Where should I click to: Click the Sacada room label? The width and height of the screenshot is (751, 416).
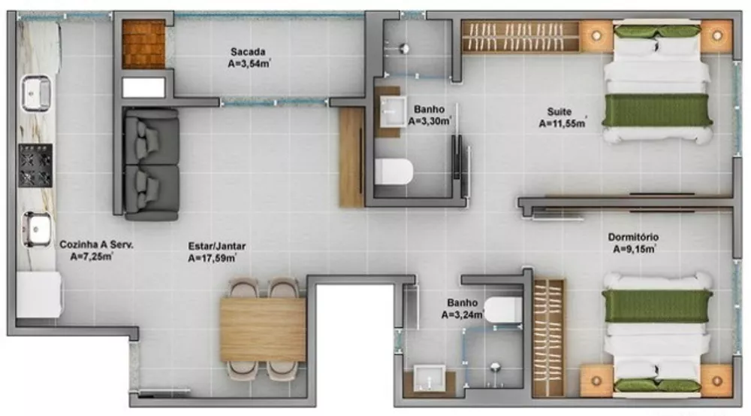(x=248, y=51)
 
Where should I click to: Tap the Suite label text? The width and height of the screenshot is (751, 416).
(x=559, y=112)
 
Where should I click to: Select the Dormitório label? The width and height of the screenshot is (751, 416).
(x=633, y=238)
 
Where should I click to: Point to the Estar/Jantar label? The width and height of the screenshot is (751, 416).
(x=217, y=246)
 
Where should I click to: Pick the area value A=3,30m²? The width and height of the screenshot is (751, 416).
(x=430, y=120)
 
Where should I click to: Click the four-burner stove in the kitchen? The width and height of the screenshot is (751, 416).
(x=35, y=165)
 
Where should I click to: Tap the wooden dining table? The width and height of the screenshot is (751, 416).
(x=263, y=329)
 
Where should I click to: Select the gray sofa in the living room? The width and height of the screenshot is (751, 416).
(x=151, y=164)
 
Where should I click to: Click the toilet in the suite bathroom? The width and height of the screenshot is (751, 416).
(x=394, y=172)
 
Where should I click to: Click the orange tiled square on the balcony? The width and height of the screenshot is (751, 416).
(x=144, y=44)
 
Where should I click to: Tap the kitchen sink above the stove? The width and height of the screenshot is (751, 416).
(x=35, y=93)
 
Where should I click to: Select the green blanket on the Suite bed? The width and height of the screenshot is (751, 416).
(x=658, y=110)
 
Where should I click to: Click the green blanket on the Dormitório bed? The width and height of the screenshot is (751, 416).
(x=658, y=305)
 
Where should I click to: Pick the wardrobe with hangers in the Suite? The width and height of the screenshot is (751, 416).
(x=520, y=36)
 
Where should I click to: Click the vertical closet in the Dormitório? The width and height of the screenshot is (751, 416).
(x=549, y=337)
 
